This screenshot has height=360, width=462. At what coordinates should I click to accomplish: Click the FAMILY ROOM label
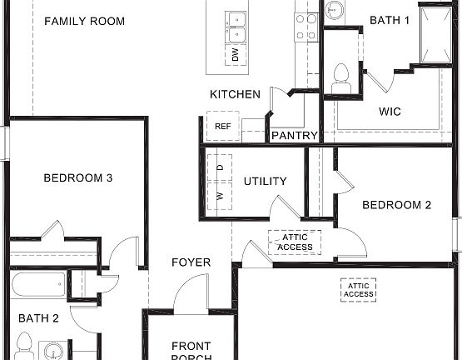tap(84, 21)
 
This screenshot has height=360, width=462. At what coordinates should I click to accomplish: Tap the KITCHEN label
tap(235, 94)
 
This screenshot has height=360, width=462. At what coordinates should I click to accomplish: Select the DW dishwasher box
tap(236, 55)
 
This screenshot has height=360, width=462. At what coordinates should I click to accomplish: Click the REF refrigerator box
tap(222, 127)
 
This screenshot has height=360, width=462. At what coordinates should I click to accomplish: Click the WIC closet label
tap(390, 111)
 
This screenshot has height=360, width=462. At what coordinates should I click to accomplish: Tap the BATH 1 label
tap(390, 20)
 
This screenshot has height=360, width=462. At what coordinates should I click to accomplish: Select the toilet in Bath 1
tap(340, 78)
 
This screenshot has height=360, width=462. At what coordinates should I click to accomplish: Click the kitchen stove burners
tap(306, 26)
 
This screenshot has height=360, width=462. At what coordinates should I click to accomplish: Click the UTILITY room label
tap(265, 181)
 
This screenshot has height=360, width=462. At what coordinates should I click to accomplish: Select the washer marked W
tap(220, 197)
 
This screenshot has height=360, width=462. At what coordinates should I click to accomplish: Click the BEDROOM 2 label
tap(395, 205)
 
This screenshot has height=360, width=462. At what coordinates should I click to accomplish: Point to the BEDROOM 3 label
tap(77, 177)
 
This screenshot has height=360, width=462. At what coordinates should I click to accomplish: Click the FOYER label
tap(191, 262)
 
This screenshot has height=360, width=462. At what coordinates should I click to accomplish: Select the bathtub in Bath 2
tap(38, 285)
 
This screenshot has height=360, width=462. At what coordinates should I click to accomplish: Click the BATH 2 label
tap(38, 317)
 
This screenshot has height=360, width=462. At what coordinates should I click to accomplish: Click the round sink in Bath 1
tap(334, 11)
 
